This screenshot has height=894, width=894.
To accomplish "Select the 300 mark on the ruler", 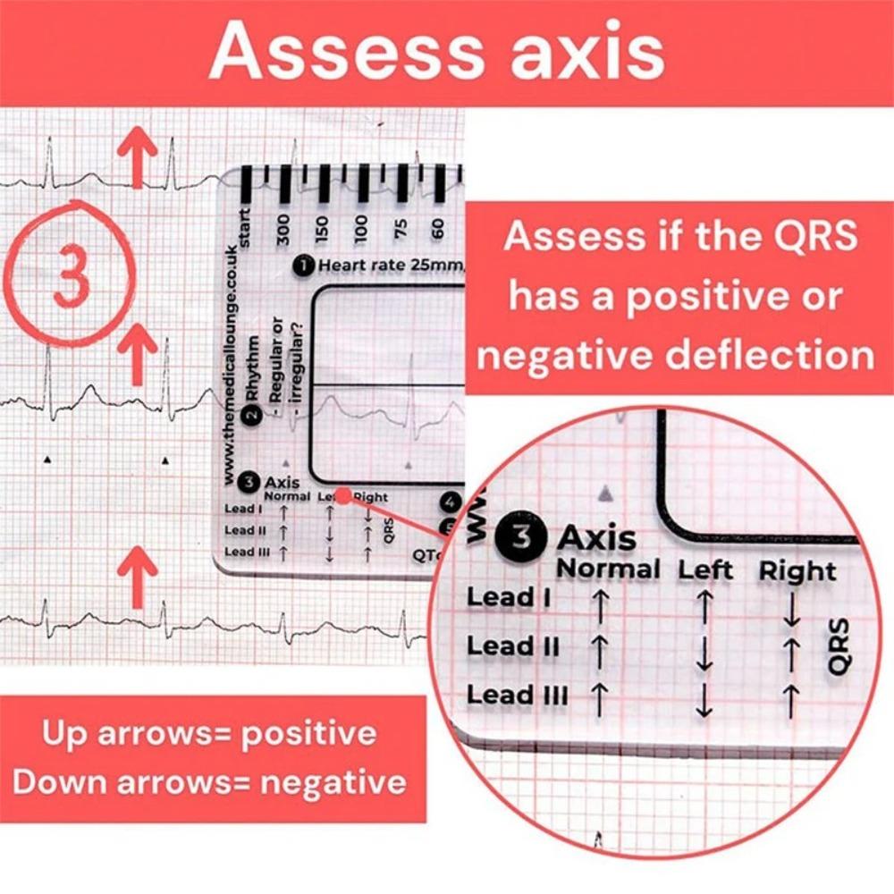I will [285, 229].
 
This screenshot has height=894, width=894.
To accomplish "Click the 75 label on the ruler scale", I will [400, 229].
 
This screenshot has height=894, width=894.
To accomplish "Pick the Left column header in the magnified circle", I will [705, 569].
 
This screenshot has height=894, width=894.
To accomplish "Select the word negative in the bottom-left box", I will [333, 783].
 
